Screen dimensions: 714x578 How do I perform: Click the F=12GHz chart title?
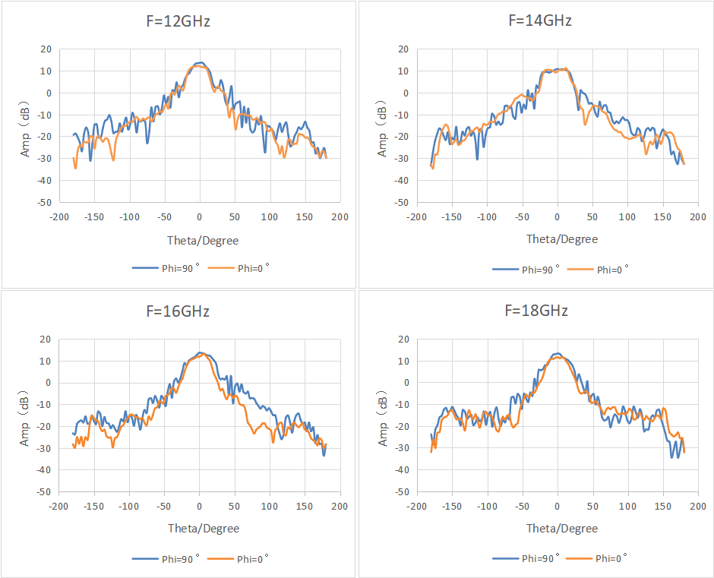coord(178,21)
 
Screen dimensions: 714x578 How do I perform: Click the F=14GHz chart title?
coord(540,21)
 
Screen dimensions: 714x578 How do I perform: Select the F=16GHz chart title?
coord(178,311)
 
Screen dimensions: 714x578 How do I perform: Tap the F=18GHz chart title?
coord(536,310)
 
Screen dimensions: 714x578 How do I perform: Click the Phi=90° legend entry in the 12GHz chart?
coord(166,268)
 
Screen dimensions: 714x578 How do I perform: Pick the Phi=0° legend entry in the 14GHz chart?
coord(598,270)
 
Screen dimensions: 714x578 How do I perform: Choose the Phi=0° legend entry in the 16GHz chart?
coord(238,559)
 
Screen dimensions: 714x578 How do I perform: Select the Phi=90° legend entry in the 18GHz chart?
coord(526,558)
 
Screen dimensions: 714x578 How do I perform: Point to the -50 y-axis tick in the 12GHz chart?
coord(45,202)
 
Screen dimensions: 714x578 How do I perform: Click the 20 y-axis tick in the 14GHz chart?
coord(403,49)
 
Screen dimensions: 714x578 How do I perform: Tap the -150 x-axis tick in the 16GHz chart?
coord(93,506)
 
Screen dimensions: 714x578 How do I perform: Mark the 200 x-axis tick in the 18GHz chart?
coord(698,506)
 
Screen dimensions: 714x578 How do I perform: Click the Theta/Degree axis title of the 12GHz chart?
coord(203,241)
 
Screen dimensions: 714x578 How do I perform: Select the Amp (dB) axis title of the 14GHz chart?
coord(383,129)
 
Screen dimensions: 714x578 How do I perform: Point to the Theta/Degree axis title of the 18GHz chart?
coord(562,529)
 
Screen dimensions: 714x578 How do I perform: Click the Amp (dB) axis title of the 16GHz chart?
coord(24,418)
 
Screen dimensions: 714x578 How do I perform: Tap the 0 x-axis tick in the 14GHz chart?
coord(558,216)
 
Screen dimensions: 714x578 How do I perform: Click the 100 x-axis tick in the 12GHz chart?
coord(270,216)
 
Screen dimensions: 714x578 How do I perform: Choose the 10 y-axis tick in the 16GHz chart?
coord(46,362)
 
